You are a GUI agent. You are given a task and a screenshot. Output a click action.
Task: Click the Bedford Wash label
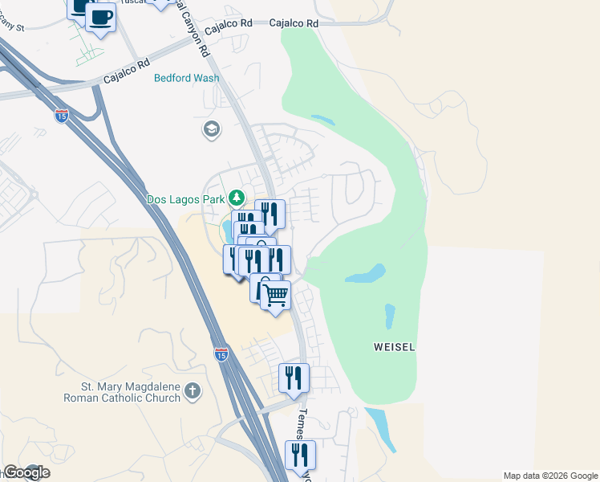pos(187,79)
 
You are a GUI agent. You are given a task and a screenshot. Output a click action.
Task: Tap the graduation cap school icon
pos(211,129)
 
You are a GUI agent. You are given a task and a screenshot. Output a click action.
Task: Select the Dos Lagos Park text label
pos(185,198)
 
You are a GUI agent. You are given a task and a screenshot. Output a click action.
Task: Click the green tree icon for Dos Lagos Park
pos(237,197)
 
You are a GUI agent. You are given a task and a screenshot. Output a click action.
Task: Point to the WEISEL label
pos(395,348)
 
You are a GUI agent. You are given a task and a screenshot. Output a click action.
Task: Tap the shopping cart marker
pos(275,296)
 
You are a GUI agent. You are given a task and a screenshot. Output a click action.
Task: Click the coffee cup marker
pos(100,16)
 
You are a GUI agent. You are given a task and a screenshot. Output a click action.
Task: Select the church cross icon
pos(191,391)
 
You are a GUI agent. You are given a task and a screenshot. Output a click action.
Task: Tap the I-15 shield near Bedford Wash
pos(62,116)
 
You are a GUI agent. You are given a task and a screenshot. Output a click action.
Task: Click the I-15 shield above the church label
pos(221,353)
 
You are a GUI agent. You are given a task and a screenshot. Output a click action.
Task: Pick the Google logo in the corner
pos(26,472)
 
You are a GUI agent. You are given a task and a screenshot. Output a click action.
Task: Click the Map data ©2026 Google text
pos(550,476)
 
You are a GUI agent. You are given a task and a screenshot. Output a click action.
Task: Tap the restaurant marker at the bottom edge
pos(300,455)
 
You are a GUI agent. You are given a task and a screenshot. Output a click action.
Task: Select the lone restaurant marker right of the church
pos(294,378)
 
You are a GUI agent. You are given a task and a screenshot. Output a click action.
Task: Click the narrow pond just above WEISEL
pos(390,316)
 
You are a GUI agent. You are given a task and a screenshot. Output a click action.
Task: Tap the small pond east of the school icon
pos(322,120)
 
